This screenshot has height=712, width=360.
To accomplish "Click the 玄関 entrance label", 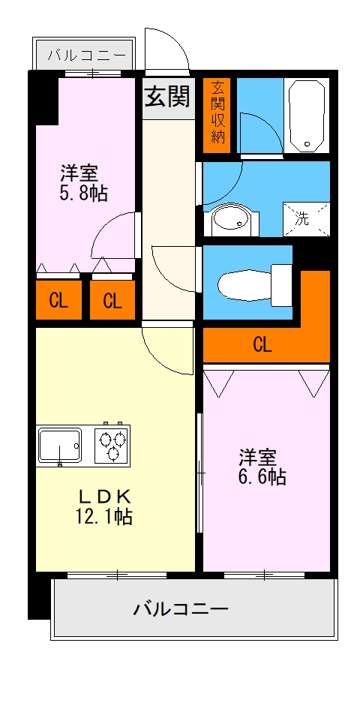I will click(x=166, y=96).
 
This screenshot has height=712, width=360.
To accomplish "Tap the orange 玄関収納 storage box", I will click(x=217, y=111).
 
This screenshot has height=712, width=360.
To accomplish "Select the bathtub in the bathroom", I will click(x=306, y=115).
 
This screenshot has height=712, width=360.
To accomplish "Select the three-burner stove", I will click(x=112, y=446).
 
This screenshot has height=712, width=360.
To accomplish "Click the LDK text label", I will click(x=106, y=496).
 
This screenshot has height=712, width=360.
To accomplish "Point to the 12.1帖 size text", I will click(x=105, y=516).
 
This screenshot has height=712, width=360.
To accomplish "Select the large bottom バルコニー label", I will click(x=181, y=608).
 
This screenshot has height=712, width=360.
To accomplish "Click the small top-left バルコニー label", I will click(x=82, y=55).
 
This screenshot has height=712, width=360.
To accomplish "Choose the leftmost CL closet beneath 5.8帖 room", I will click(x=58, y=301).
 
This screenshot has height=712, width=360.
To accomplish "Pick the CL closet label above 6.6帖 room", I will click(x=262, y=345).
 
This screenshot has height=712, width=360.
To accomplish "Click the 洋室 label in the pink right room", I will click(x=258, y=456).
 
